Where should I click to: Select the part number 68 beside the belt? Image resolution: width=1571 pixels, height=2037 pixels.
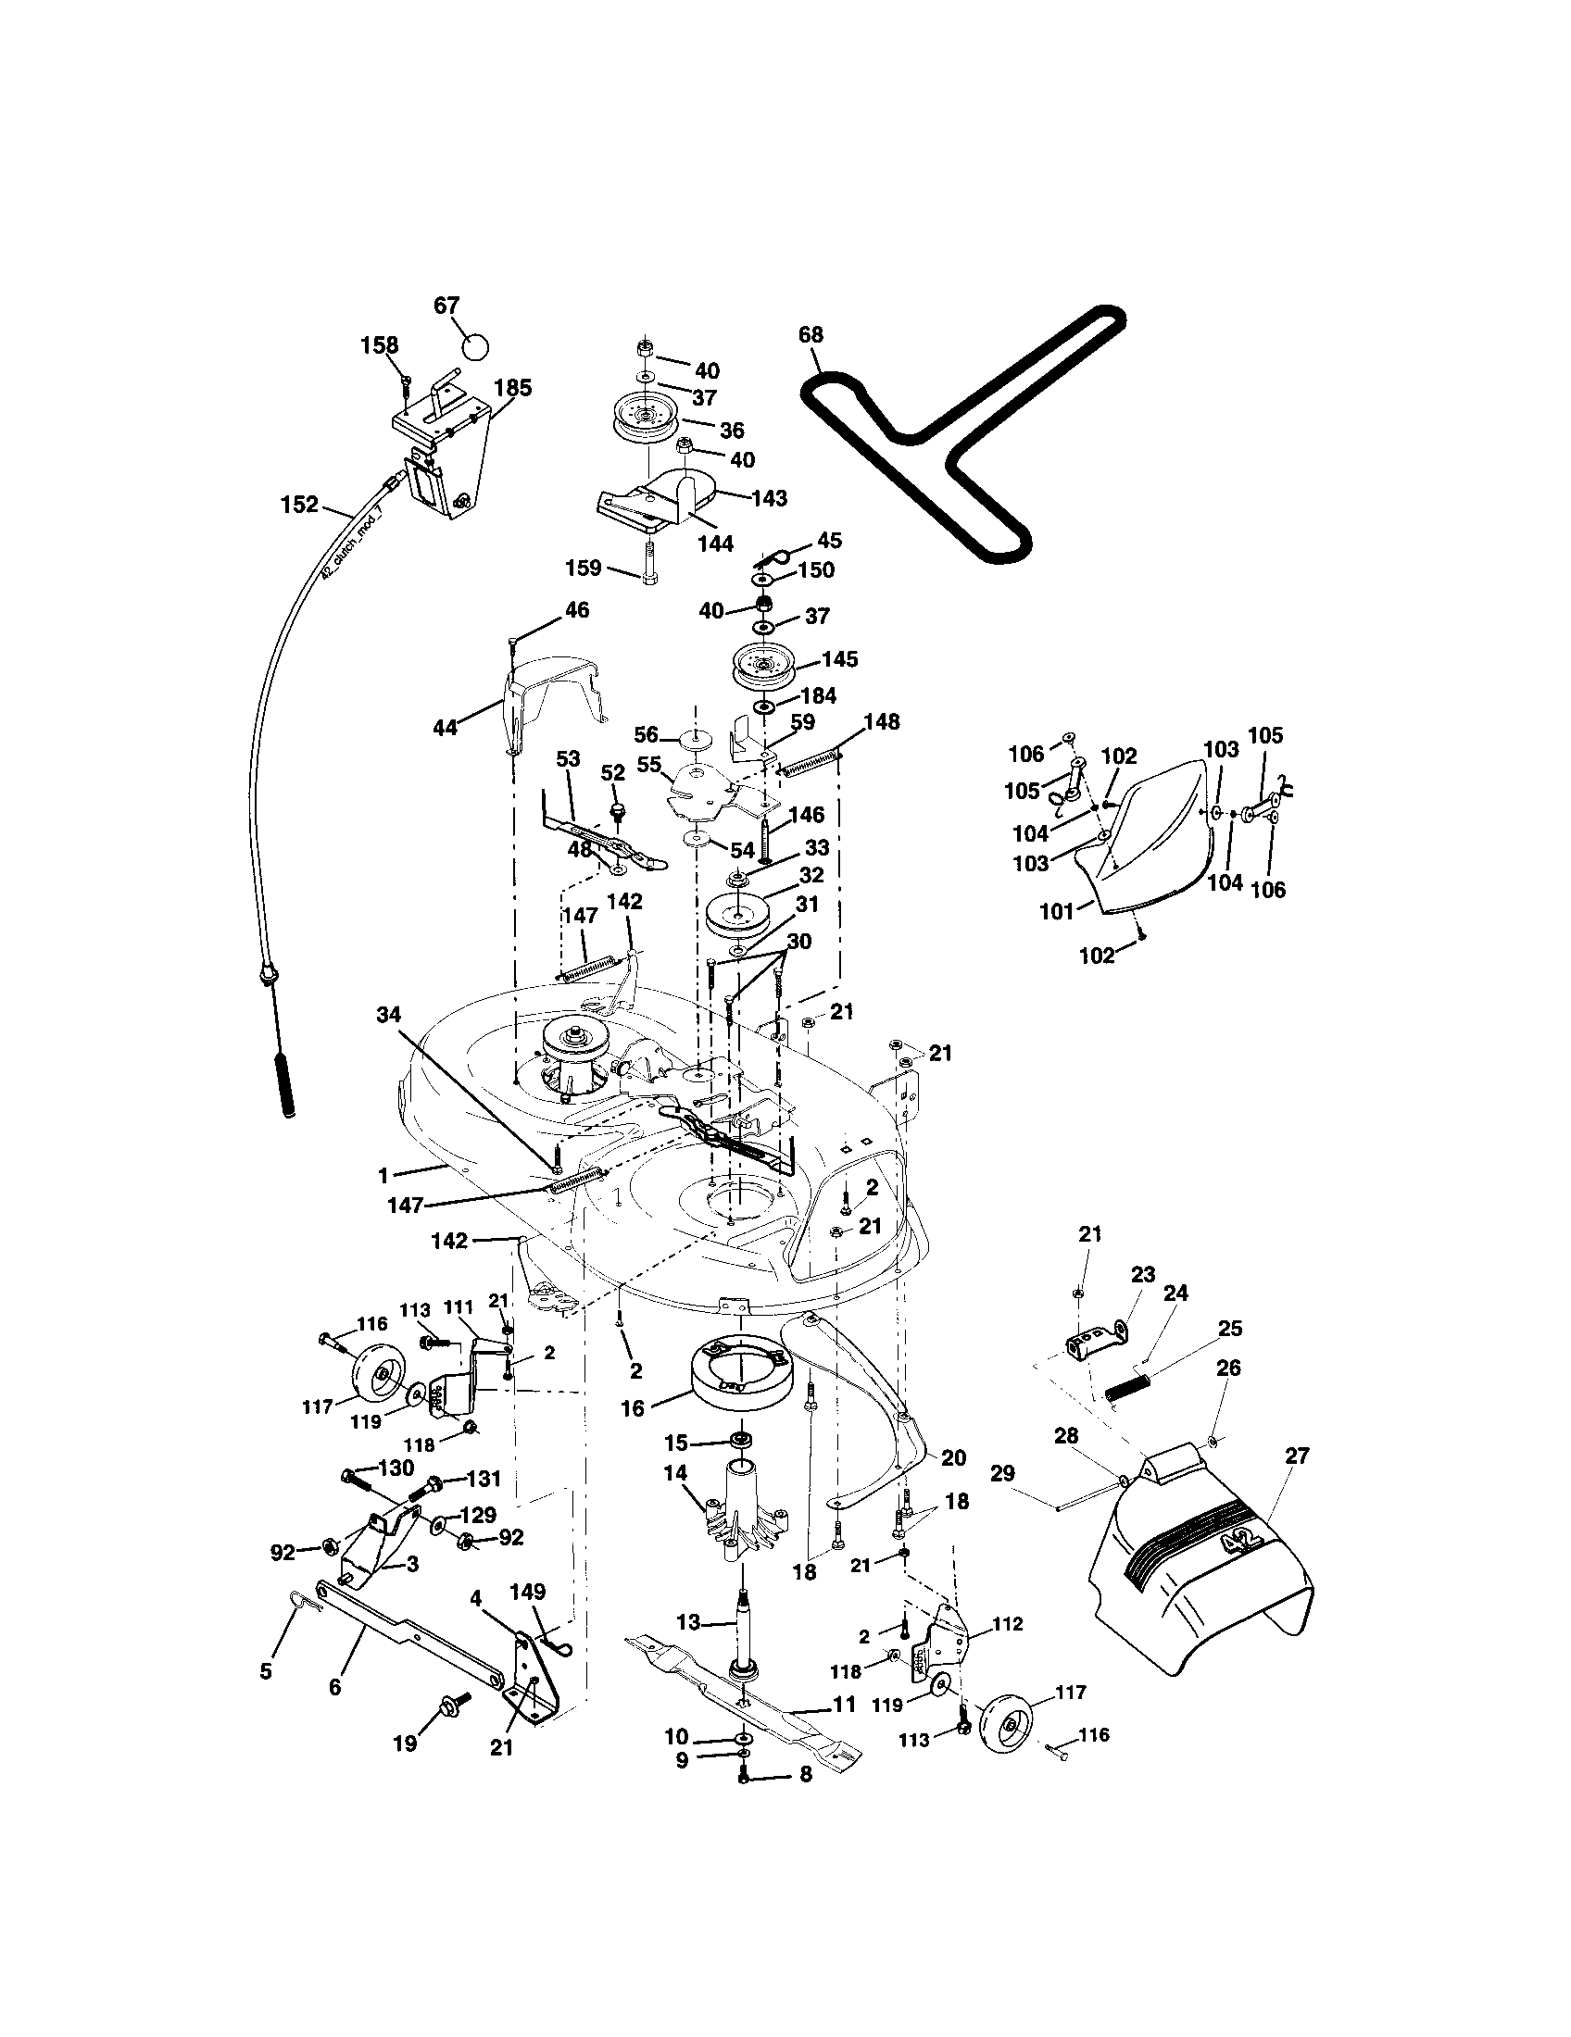pyautogui.click(x=811, y=335)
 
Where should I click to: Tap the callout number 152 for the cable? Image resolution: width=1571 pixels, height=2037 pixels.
pyautogui.click(x=299, y=505)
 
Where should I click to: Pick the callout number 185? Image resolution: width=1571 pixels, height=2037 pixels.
pyautogui.click(x=512, y=387)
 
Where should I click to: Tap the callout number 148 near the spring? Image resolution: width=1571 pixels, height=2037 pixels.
pyautogui.click(x=882, y=722)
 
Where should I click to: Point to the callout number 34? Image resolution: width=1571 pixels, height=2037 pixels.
pyautogui.click(x=389, y=1014)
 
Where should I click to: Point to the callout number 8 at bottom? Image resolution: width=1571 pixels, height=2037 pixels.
pyautogui.click(x=805, y=1775)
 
